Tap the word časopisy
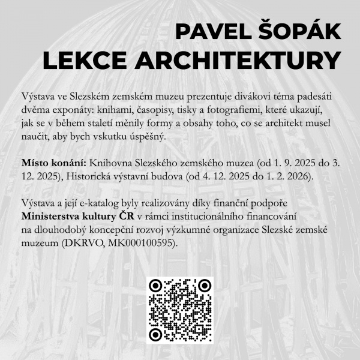[164, 110]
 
